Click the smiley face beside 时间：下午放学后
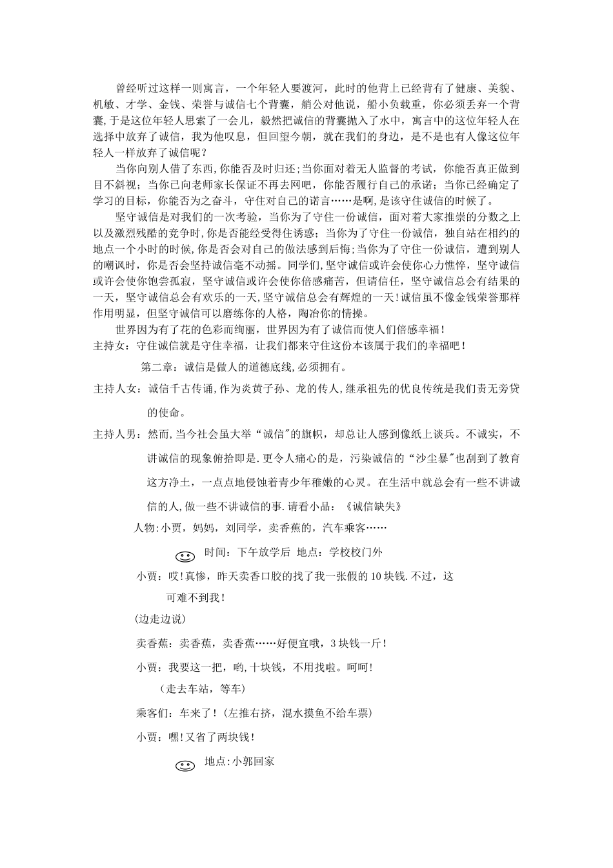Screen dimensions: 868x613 pos(185,556)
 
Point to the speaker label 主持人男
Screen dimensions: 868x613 pos(115,434)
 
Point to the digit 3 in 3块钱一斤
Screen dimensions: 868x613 pos(332,643)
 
